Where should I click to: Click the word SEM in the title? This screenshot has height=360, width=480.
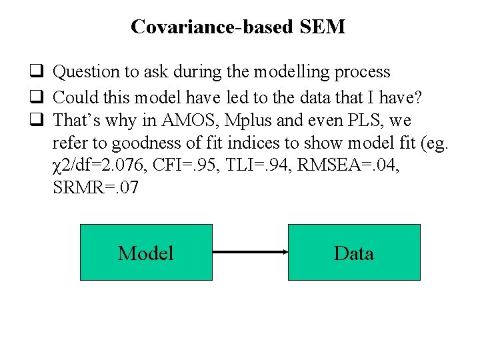(x=323, y=27)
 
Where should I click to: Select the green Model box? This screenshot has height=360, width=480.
(x=146, y=252)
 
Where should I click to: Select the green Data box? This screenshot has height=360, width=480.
(x=354, y=252)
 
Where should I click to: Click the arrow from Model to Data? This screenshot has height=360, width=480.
(x=250, y=252)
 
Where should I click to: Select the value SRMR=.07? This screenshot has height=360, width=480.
(x=95, y=188)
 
